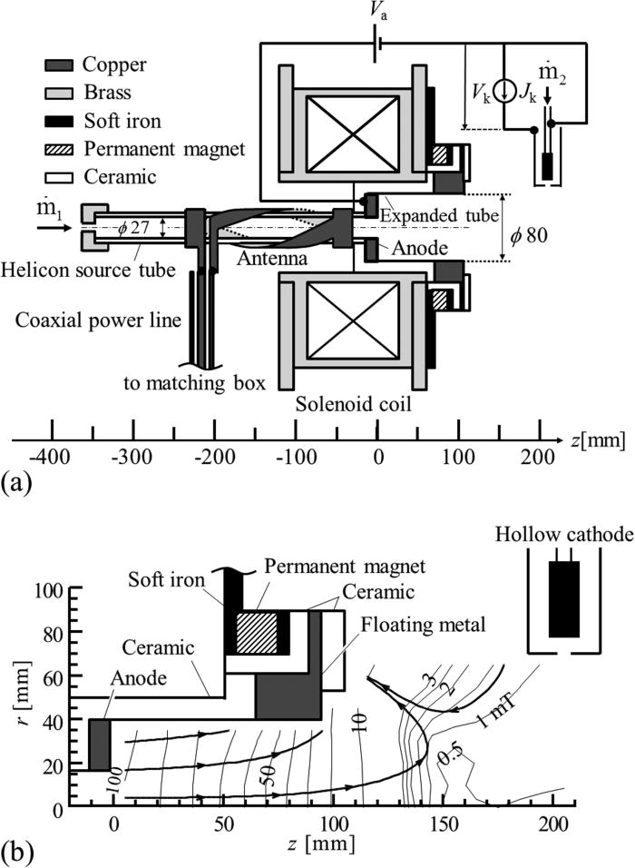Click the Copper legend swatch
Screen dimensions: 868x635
pyautogui.click(x=59, y=64)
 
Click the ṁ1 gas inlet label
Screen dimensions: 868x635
pyautogui.click(x=24, y=199)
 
